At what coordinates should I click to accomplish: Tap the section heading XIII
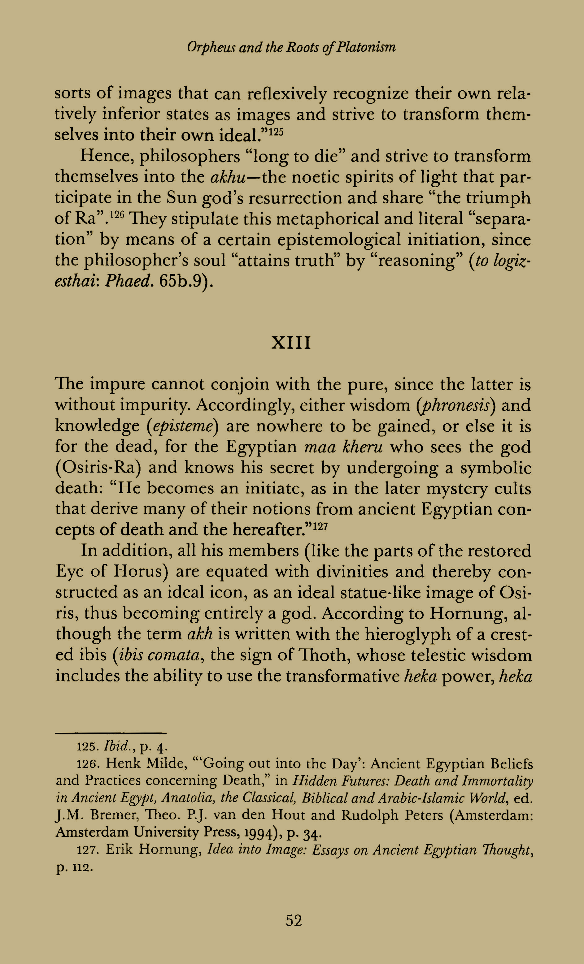tap(292, 343)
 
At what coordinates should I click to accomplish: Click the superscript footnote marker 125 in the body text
tap(276, 131)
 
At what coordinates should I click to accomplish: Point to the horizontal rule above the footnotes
tap(111, 733)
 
